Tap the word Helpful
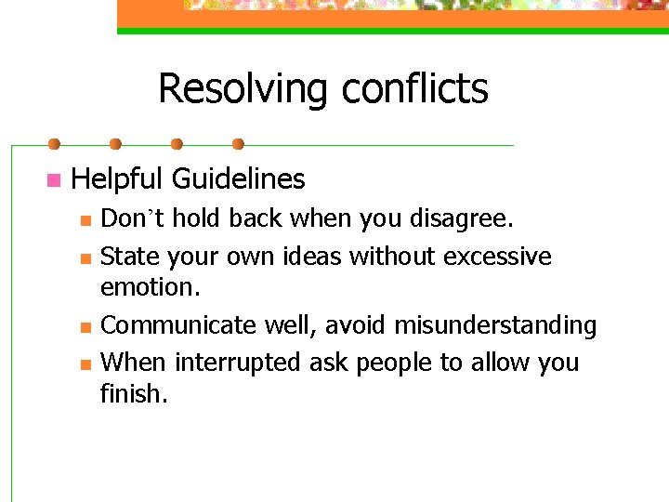click(117, 178)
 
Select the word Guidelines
click(239, 178)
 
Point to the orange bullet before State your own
click(85, 258)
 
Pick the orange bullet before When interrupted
click(85, 363)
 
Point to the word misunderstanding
click(495, 326)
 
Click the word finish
click(133, 393)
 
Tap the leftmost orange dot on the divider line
click(54, 144)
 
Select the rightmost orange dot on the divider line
click(238, 144)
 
